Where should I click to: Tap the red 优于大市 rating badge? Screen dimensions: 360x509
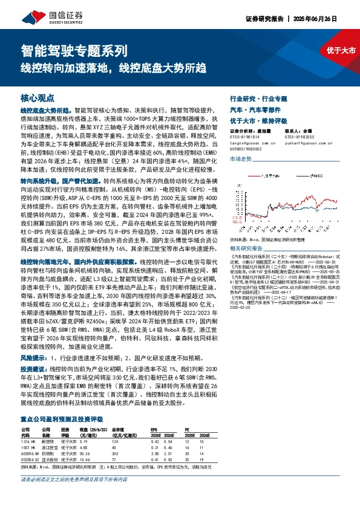(x=339, y=51)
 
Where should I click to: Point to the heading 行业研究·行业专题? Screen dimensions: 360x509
(x=258, y=99)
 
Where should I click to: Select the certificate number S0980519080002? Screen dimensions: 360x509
(x=247, y=148)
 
